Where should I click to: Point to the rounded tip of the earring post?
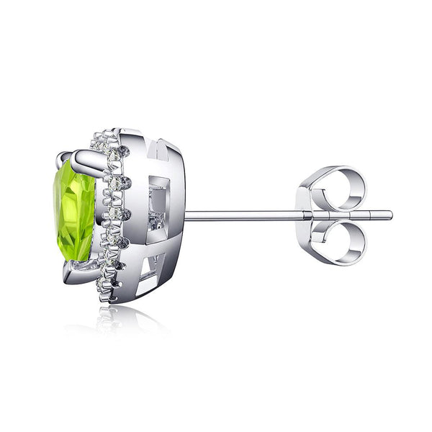(390, 215)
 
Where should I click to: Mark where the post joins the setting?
(186, 215)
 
